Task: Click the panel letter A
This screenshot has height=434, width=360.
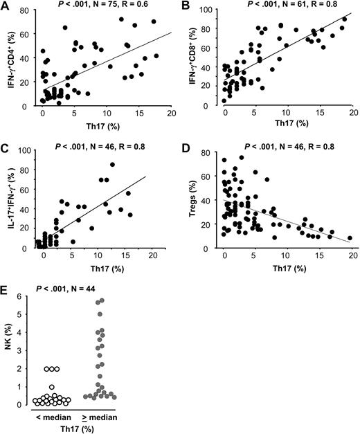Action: (x=6, y=7)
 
